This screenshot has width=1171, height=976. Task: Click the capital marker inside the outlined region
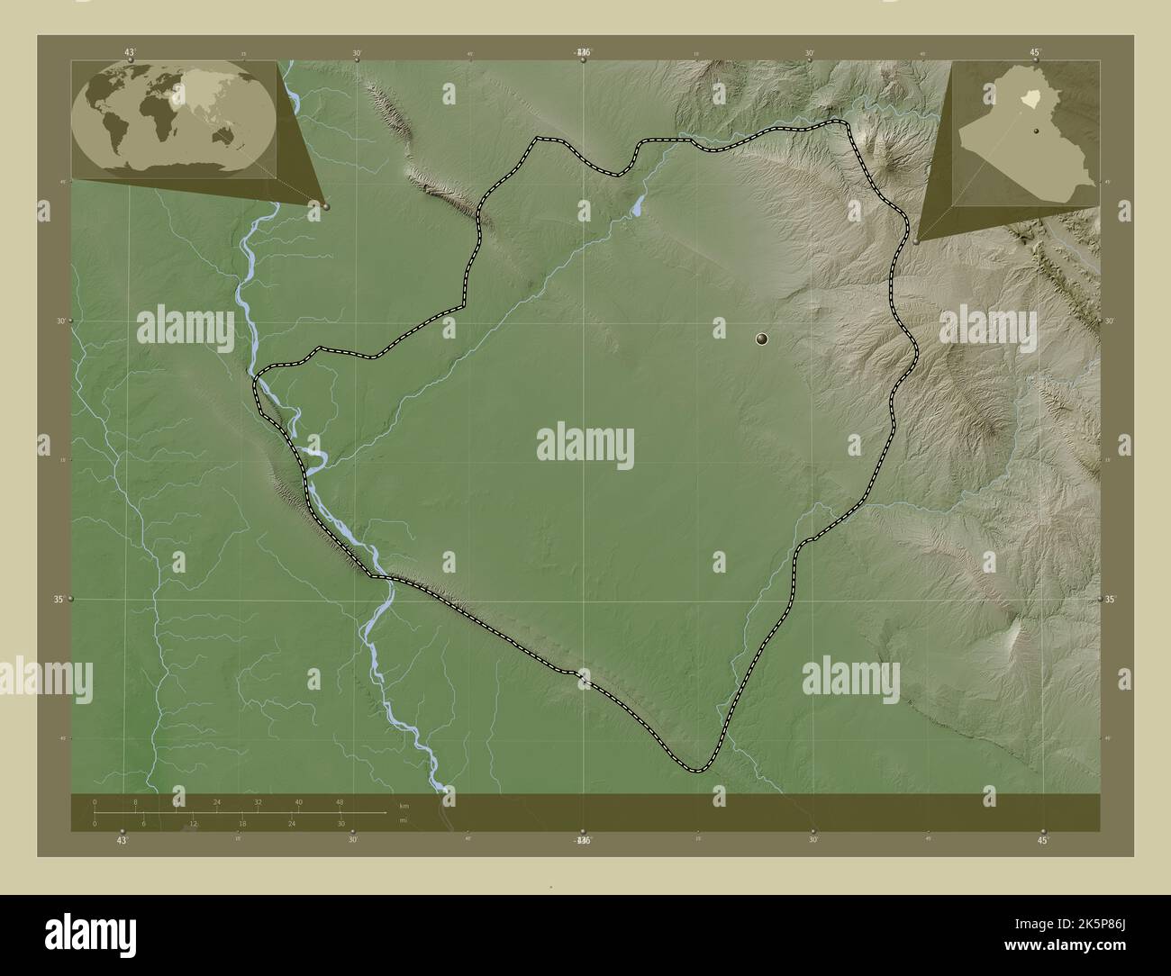(x=763, y=339)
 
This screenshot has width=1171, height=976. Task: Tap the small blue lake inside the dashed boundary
(x=637, y=207)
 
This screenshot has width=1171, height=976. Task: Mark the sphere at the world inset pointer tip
(x=325, y=206)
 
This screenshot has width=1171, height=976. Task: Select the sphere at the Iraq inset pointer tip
(x=916, y=241)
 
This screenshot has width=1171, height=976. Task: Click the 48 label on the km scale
(x=340, y=801)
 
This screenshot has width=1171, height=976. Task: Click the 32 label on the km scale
(x=258, y=801)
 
